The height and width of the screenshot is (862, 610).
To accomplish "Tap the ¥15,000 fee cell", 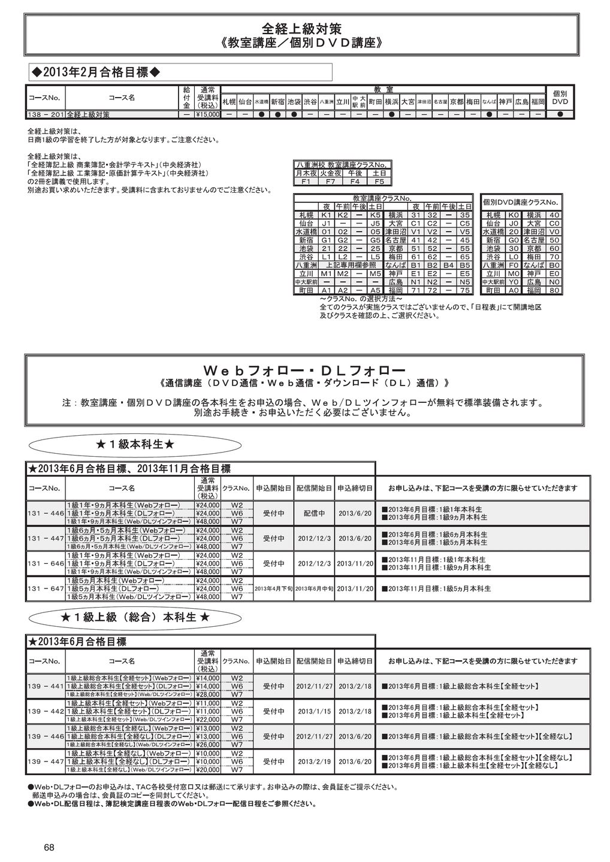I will (x=208, y=114).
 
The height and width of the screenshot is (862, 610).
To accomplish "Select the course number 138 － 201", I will (x=46, y=114).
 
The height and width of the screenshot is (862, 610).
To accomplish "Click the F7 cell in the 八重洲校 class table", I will (x=330, y=181).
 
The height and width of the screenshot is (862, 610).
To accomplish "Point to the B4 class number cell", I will (x=448, y=265).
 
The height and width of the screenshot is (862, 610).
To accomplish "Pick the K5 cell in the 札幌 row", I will (x=375, y=215).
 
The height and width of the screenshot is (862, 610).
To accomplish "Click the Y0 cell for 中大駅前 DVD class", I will (x=514, y=281).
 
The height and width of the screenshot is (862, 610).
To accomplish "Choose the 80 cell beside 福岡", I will (x=554, y=290).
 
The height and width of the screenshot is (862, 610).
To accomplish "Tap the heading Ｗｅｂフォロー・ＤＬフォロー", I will (x=304, y=370).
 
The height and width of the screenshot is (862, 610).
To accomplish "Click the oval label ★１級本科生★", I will (x=135, y=445).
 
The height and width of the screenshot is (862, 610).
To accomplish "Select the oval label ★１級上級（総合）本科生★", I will (x=135, y=617).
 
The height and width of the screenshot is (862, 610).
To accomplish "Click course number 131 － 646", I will (x=46, y=564).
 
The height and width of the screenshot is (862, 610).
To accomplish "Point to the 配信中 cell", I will (x=314, y=514).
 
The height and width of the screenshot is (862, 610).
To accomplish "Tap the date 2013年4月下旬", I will (x=273, y=589).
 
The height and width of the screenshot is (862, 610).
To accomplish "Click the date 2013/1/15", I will (x=314, y=712).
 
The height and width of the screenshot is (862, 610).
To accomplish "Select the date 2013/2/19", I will (x=314, y=762).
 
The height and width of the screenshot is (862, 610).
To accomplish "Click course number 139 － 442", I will (x=46, y=711).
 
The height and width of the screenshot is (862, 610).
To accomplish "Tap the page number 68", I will (x=49, y=847).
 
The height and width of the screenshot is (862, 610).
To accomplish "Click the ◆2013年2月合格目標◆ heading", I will (x=96, y=72).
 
